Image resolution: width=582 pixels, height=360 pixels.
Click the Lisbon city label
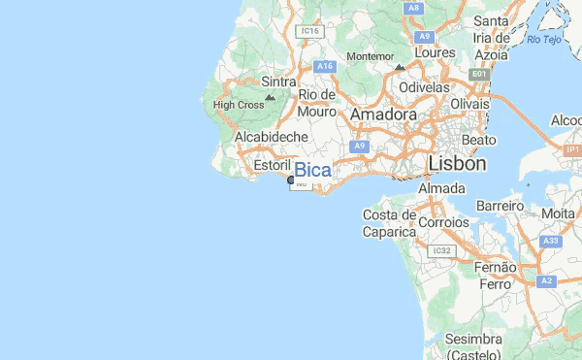(x=456, y=164)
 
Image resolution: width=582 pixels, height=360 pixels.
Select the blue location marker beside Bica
(x=292, y=180)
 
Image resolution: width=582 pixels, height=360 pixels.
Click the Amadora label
(x=383, y=115)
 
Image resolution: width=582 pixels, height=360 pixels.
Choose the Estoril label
(x=272, y=166)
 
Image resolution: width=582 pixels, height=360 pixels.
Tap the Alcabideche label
(x=272, y=138)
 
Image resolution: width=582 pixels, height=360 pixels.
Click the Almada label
(x=442, y=187)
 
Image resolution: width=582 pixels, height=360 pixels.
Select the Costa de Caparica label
(x=389, y=223)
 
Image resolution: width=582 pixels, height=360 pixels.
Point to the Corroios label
(x=445, y=222)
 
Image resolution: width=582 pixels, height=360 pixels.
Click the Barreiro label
(x=501, y=206)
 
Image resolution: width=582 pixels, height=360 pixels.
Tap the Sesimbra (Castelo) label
(x=474, y=346)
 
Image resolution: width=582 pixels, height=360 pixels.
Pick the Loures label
(x=434, y=51)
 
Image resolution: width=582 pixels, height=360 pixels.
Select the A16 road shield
(x=325, y=66)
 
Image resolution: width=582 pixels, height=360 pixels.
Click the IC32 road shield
(x=443, y=250)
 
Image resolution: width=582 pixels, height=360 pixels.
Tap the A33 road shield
(x=552, y=241)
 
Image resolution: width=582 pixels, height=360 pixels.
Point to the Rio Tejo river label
(x=545, y=39)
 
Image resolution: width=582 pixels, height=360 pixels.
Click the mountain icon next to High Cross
(x=270, y=98)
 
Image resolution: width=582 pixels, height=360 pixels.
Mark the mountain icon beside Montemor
(x=400, y=67)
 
